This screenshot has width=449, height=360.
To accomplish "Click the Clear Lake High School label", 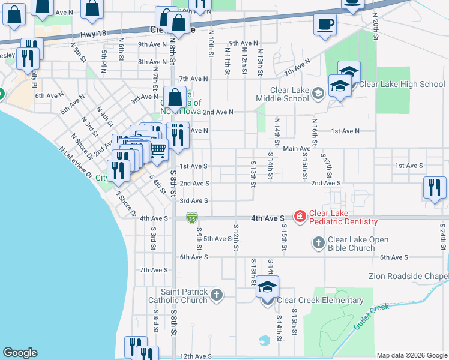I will (x=402, y=84).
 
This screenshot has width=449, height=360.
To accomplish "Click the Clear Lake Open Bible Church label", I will (x=358, y=243).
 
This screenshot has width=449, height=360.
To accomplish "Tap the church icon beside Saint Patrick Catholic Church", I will (x=217, y=295).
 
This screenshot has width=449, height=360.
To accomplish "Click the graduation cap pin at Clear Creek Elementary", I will (x=268, y=288).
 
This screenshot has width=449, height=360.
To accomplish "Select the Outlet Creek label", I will (x=371, y=316).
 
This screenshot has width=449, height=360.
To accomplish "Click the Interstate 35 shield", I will (x=191, y=217).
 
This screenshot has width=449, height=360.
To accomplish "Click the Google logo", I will (x=20, y=353).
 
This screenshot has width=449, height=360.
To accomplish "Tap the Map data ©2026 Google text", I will (x=412, y=355).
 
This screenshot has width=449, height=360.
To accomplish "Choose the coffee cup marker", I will (x=325, y=25).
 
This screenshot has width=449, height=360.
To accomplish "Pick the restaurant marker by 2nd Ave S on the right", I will (x=435, y=188).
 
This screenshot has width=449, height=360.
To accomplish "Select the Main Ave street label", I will (x=297, y=148).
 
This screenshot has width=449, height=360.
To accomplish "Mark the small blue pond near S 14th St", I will (x=264, y=340).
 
